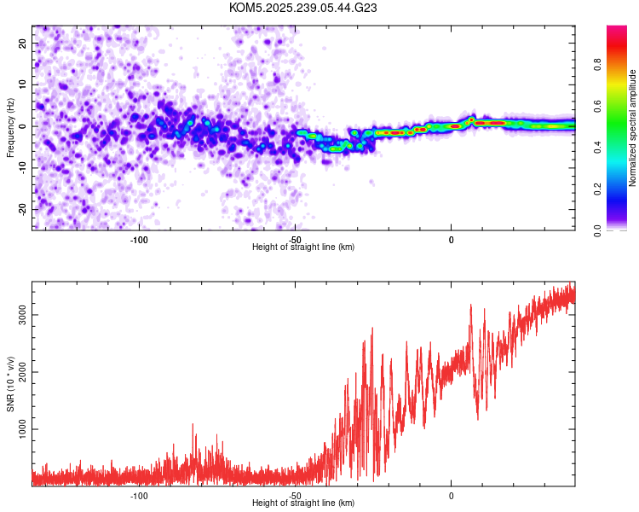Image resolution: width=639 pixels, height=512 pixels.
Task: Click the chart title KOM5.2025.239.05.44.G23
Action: pyautogui.click(x=303, y=8)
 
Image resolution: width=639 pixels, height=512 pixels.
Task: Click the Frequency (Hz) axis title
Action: pyautogui.click(x=10, y=127)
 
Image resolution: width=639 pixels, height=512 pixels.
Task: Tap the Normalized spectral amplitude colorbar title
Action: pyautogui.click(x=633, y=128)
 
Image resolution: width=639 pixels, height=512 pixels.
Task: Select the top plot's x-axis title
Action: pyautogui.click(x=303, y=247)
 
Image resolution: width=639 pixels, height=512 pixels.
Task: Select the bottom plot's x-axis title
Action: pyautogui.click(x=303, y=503)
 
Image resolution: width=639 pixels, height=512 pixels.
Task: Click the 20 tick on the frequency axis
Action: pyautogui.click(x=23, y=43)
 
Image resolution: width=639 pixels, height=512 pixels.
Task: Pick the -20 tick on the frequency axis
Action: pyautogui.click(x=21, y=209)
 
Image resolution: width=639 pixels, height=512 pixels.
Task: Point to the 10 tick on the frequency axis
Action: pyautogui.click(x=23, y=84)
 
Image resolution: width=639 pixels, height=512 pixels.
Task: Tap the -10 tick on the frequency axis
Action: pyautogui.click(x=21, y=167)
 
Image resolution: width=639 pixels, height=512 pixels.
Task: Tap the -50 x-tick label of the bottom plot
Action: pyautogui.click(x=295, y=494)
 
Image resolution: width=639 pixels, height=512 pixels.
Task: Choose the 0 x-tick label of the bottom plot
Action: pyautogui.click(x=451, y=494)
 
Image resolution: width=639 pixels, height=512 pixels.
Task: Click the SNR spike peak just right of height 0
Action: pyautogui.click(x=470, y=305)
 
